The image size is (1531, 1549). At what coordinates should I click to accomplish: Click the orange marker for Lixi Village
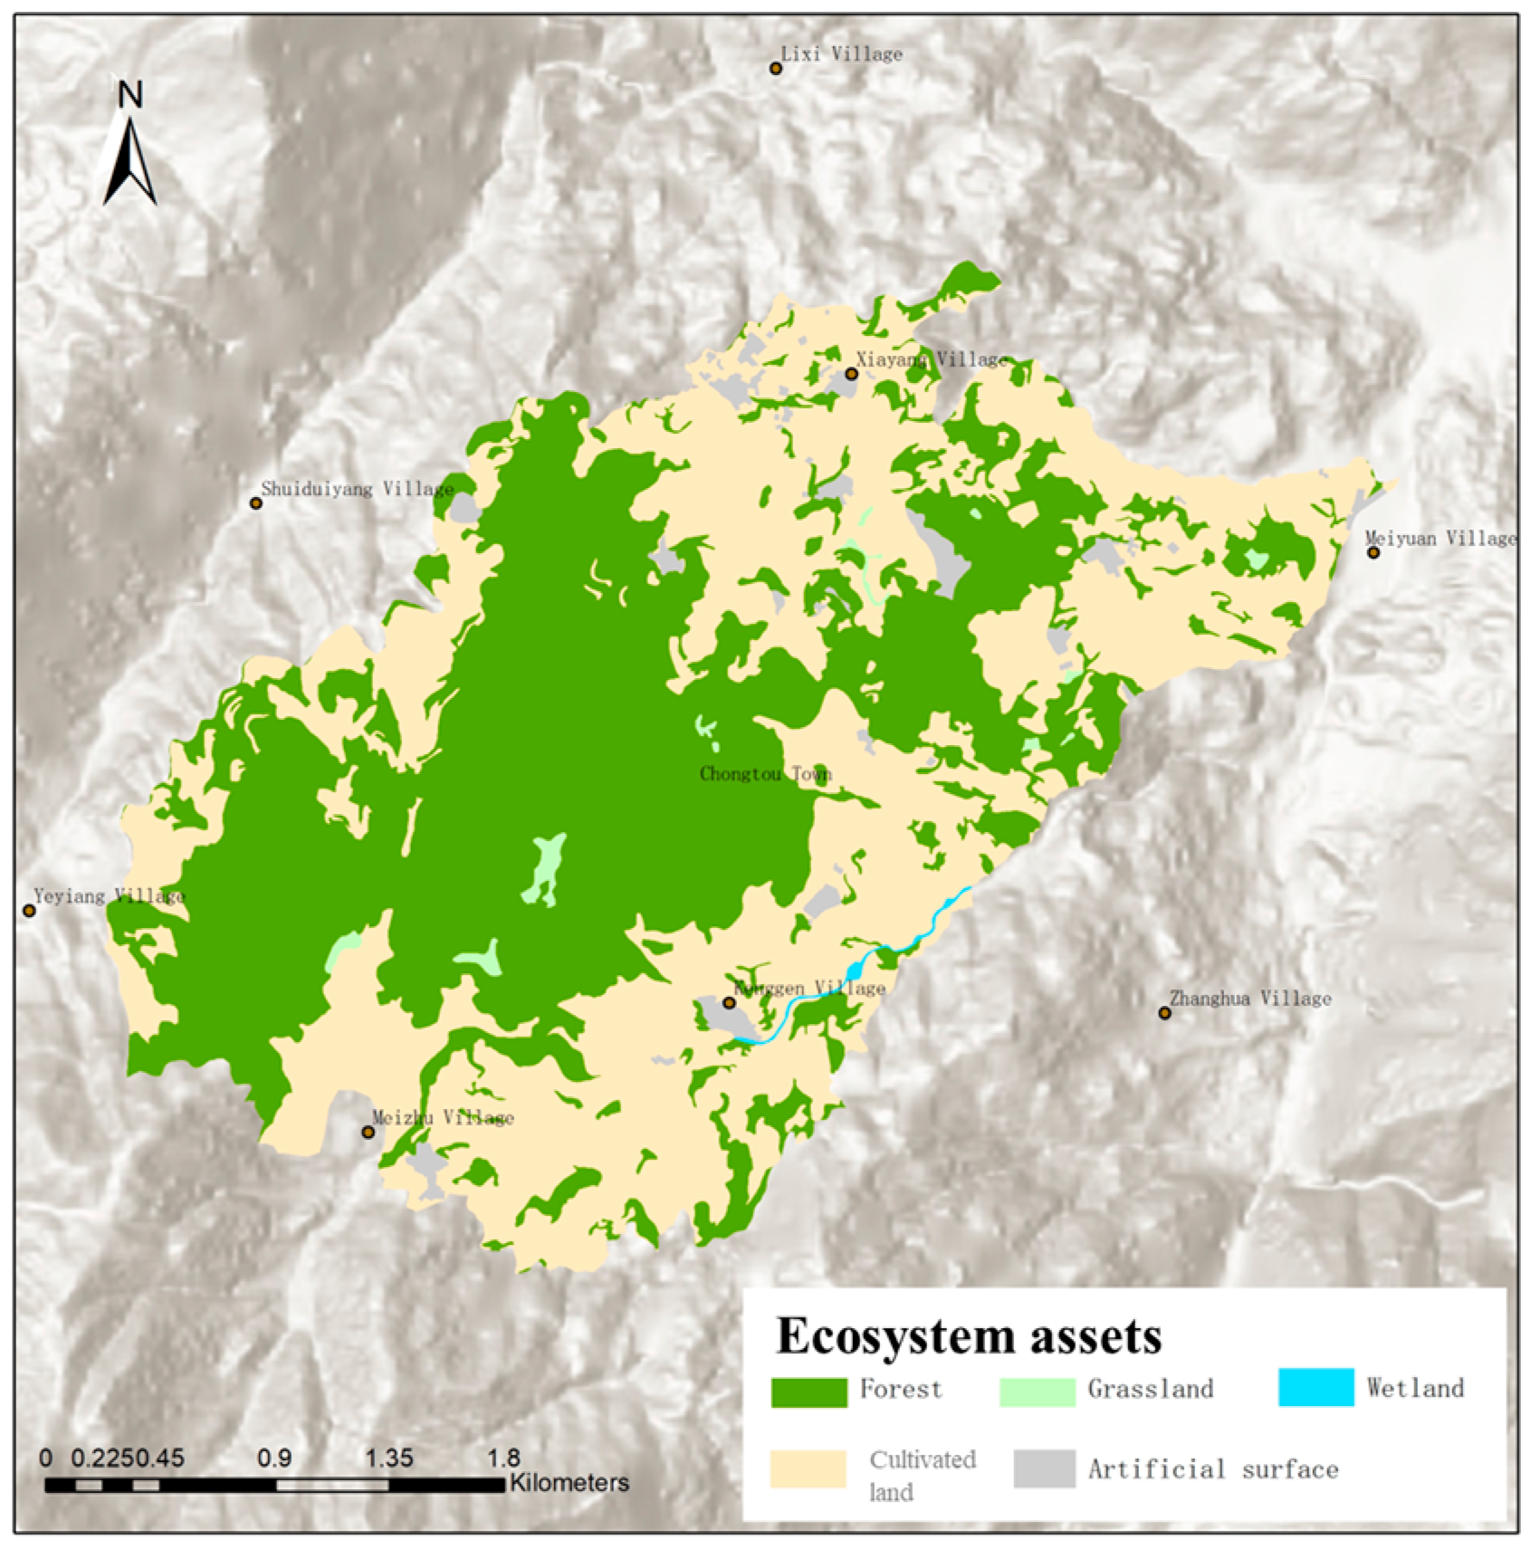click(776, 69)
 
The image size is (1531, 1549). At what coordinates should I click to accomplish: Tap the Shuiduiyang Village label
click(357, 490)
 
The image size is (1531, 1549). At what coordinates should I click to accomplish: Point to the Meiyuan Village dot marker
click(1373, 552)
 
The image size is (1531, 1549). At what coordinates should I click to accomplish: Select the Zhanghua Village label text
click(1250, 999)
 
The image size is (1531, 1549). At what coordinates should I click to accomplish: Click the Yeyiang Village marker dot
click(29, 911)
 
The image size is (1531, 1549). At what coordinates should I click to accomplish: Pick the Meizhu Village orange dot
click(368, 1133)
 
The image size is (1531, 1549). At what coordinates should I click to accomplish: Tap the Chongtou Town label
click(765, 774)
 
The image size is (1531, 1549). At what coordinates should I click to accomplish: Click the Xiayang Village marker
click(851, 374)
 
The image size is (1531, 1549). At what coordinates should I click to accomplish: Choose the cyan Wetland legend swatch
click(1316, 1388)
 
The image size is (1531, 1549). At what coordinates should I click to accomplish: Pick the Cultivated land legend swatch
click(808, 1468)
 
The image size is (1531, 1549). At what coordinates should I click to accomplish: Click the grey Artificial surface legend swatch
click(1044, 1468)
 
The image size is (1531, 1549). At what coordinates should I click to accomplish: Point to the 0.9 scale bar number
click(274, 1458)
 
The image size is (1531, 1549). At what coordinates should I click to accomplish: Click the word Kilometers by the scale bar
click(569, 1483)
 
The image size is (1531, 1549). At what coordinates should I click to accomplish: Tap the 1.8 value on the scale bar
click(503, 1458)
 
